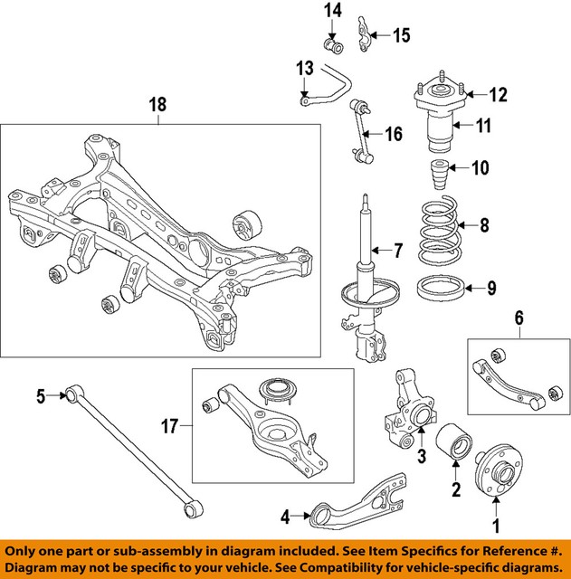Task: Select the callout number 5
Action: (x=41, y=395)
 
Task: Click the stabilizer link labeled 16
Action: (x=363, y=137)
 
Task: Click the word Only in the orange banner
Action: (x=25, y=551)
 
